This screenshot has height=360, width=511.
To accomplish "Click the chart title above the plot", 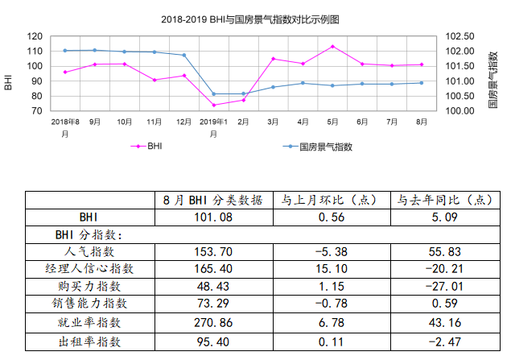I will pyautogui.click(x=255, y=18).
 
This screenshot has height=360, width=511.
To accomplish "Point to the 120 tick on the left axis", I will pyautogui.click(x=35, y=36).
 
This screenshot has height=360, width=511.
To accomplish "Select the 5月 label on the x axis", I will pyautogui.click(x=332, y=121).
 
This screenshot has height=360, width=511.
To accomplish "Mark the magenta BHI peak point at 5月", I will pyautogui.click(x=332, y=47).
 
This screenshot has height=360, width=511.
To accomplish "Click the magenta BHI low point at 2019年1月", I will pyautogui.click(x=214, y=105).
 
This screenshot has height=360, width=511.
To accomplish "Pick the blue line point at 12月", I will pyautogui.click(x=184, y=55).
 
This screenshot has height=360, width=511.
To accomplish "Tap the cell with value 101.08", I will pyautogui.click(x=214, y=217).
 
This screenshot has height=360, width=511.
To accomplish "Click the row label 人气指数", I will pyautogui.click(x=89, y=253).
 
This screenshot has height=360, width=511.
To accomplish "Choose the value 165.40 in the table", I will pyautogui.click(x=214, y=271).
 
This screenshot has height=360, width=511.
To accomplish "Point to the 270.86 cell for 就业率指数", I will pyautogui.click(x=214, y=324).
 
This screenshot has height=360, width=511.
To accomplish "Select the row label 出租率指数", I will pyautogui.click(x=89, y=341).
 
